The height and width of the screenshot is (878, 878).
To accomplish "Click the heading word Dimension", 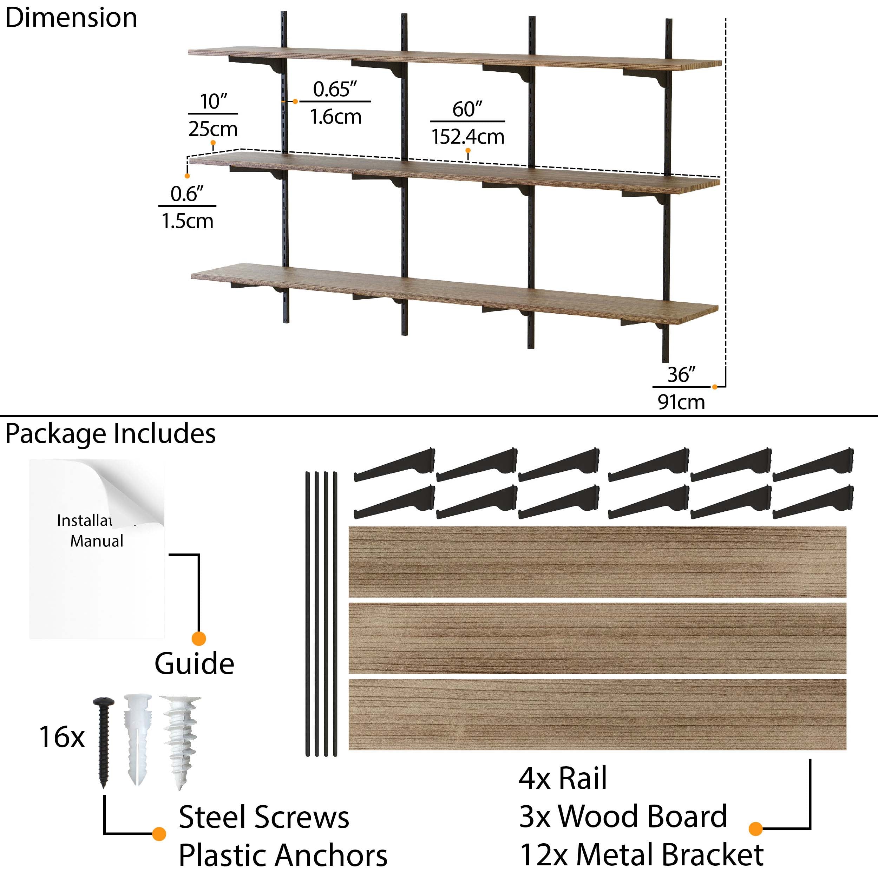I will tap(71, 18).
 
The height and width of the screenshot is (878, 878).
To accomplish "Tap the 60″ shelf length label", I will tap(467, 110).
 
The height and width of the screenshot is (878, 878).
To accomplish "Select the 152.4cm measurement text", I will tap(468, 137).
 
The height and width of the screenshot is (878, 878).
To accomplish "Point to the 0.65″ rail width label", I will tap(335, 89).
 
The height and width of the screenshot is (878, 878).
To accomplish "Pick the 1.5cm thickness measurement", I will tap(187, 221).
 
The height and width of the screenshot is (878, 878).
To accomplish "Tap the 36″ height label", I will tap(681, 374).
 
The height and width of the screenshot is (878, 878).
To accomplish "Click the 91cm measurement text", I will tap(681, 402).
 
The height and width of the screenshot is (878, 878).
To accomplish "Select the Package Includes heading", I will tap(110, 433).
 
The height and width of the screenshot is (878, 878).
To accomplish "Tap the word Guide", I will tap(194, 664).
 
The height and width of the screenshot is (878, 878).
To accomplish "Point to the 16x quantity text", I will tap(62, 737).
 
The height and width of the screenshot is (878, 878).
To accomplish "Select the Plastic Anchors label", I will tap(283, 855).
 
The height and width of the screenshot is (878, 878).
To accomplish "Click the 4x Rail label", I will tap(563, 779).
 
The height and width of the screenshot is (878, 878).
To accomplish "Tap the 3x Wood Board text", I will tap(623, 816).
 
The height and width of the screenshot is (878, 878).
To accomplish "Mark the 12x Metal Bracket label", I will tap(641, 855).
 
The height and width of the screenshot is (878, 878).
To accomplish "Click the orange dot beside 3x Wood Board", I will tap(755, 829).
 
